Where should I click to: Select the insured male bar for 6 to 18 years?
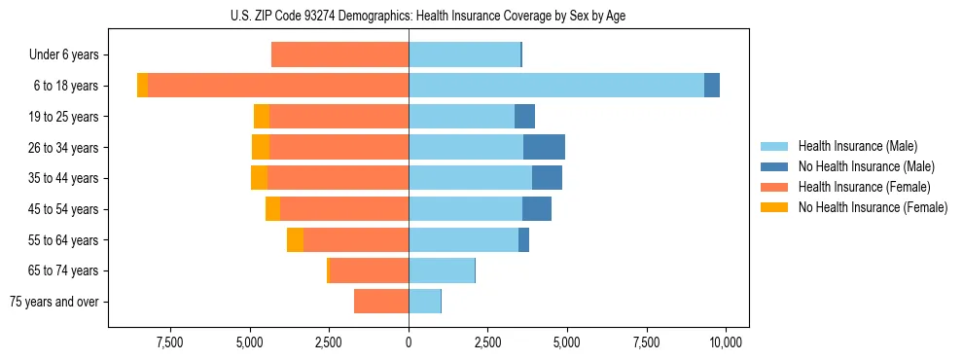(x=555, y=86)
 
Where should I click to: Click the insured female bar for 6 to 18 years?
(x=278, y=86)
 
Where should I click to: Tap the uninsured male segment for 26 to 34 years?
(x=544, y=147)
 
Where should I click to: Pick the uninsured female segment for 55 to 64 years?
(x=295, y=239)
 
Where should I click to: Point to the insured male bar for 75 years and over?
(x=424, y=302)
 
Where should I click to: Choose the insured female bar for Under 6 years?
(x=339, y=54)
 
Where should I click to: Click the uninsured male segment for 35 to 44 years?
(x=547, y=178)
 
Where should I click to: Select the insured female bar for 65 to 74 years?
(x=370, y=270)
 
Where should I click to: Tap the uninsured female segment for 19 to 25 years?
(x=262, y=117)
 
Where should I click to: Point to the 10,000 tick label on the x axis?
(x=726, y=342)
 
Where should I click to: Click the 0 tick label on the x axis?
(x=409, y=342)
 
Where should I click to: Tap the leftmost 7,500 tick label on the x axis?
(x=169, y=342)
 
